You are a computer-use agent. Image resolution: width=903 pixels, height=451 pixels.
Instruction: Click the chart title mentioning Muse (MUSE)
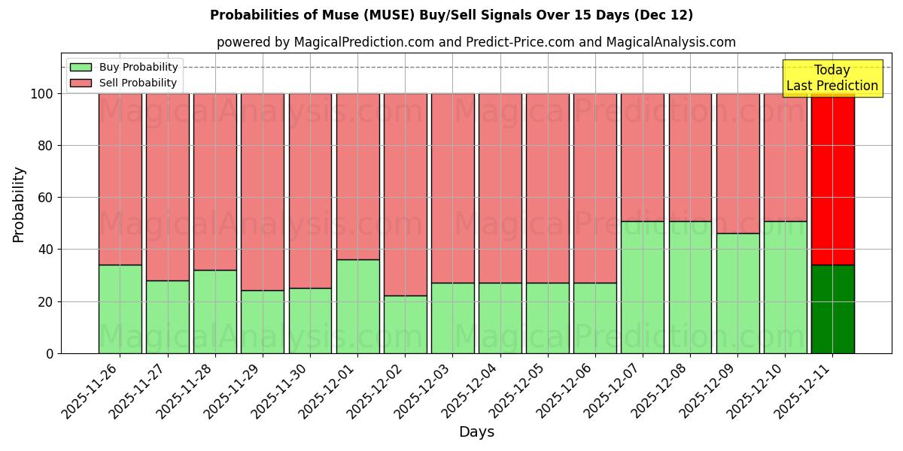tap(451, 15)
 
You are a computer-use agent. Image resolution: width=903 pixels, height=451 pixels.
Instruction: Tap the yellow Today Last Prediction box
tap(832, 78)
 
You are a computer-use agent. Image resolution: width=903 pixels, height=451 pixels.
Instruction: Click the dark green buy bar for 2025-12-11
tap(832, 309)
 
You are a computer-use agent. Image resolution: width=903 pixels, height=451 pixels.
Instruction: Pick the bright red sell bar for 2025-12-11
tap(832, 179)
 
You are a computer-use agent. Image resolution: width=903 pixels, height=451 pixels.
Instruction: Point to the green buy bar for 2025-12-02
tap(406, 324)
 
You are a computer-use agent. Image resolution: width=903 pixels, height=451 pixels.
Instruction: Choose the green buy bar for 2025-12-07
tap(643, 287)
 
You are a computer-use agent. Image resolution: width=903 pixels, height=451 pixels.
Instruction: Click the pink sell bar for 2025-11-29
tap(263, 192)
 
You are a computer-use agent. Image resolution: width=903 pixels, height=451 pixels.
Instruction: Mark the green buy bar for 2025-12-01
tap(357, 306)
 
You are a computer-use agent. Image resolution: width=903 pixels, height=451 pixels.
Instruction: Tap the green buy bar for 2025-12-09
tap(737, 293)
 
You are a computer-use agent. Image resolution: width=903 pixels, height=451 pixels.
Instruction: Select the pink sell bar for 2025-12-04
tap(500, 188)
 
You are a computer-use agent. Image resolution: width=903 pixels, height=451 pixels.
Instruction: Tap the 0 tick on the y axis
tap(50, 353)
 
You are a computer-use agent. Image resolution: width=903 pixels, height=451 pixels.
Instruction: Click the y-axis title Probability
tap(19, 204)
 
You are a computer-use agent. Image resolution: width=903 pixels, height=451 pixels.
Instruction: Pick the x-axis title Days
tap(476, 432)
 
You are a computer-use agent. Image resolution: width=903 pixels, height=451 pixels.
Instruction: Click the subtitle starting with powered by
tap(476, 42)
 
